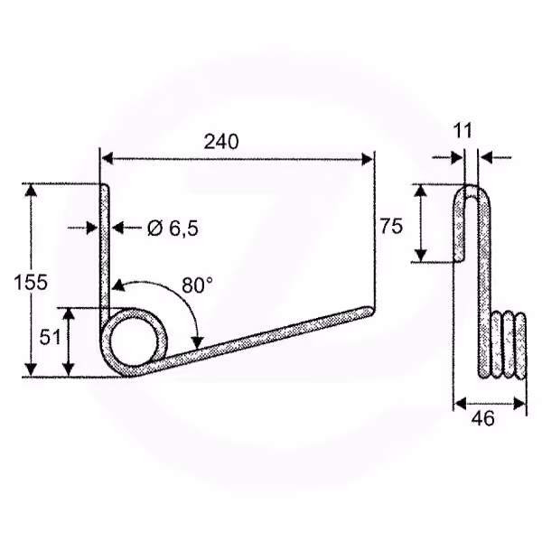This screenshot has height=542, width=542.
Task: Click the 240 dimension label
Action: (221, 142)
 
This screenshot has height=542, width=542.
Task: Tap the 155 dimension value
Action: (31, 283)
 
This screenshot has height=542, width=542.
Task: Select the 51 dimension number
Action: (50, 337)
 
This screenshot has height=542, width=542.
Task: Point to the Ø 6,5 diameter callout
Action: (173, 229)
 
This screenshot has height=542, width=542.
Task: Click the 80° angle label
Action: (197, 285)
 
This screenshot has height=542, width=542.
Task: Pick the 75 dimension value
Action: (391, 226)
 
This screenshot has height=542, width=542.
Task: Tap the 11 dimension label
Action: (463, 131)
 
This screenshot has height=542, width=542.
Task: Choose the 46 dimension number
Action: (483, 418)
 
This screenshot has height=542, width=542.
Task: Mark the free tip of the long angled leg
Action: (371, 311)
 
